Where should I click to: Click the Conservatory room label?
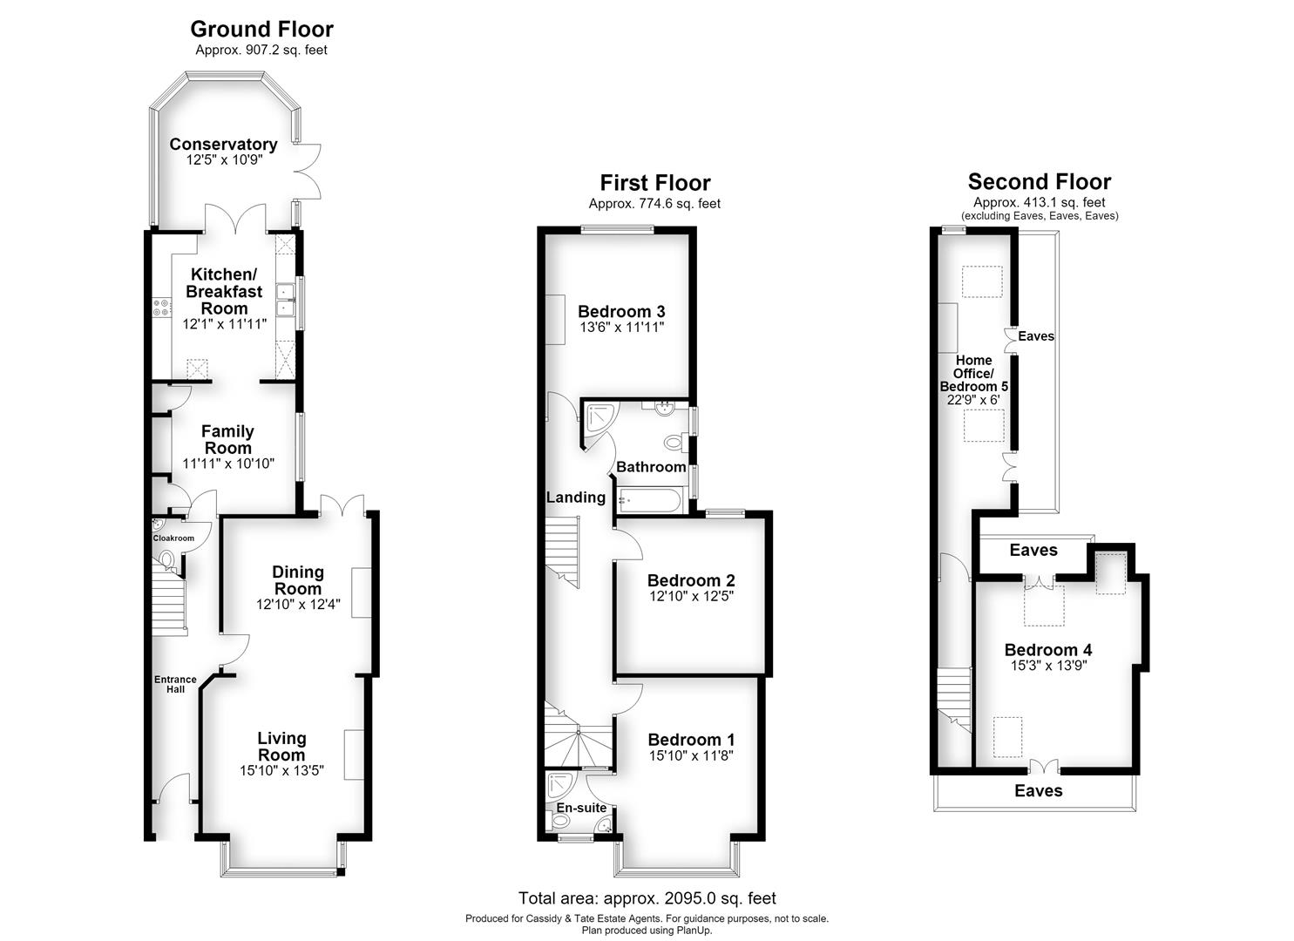(223, 145)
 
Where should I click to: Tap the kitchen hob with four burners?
(161, 308)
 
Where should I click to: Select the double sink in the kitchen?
(285, 301)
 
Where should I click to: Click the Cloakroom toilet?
(167, 559)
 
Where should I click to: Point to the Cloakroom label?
(173, 538)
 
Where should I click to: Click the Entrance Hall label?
(175, 684)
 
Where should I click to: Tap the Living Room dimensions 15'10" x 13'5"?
(281, 770)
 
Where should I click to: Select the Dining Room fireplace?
(361, 592)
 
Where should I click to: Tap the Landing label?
(576, 498)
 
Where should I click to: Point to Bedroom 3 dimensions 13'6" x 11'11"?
(621, 328)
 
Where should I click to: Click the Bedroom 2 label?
(691, 580)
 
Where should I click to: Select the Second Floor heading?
(1040, 182)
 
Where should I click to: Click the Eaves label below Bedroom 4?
(1038, 791)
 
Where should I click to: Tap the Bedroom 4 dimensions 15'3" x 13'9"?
(1048, 666)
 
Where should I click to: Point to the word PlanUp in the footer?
(695, 931)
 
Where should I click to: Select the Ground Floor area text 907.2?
(263, 51)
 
